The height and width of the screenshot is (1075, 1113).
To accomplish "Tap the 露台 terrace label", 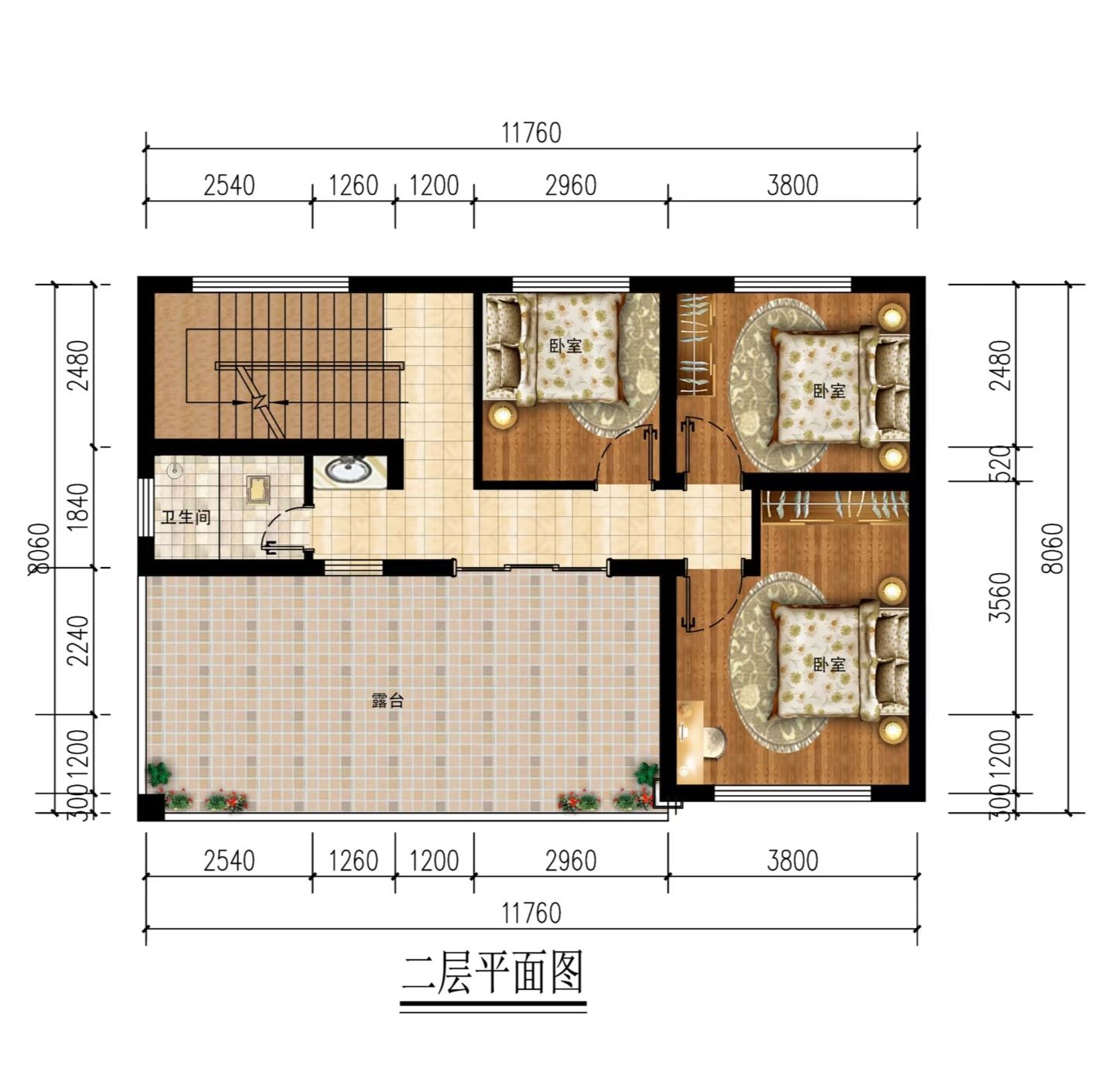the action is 388,701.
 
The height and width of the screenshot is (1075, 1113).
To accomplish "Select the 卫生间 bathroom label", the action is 186,517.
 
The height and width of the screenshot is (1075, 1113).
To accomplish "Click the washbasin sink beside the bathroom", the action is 348,470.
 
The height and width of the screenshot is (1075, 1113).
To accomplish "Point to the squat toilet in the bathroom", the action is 258,490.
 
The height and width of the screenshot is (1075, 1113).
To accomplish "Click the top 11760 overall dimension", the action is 531,133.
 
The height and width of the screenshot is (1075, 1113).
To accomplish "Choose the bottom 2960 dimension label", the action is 570,861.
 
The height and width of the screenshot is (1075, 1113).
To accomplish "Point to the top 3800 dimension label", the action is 792,186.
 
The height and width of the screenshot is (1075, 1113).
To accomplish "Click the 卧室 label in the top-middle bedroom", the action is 565,346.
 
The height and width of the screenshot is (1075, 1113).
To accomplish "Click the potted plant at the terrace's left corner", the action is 159,774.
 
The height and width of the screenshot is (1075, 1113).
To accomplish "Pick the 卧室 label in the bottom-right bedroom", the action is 828,664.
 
